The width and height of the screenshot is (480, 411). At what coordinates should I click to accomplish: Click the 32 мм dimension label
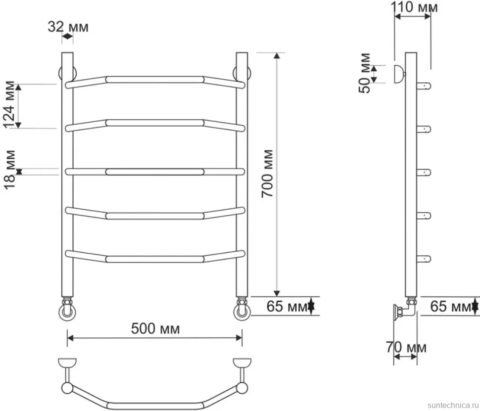(x=68, y=27)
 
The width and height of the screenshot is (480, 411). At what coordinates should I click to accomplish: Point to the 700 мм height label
(x=267, y=174)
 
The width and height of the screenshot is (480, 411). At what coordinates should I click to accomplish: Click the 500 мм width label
(x=155, y=329)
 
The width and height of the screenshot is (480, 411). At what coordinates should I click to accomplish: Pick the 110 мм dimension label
(x=414, y=7)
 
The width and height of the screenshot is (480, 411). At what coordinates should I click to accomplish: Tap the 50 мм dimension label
(x=365, y=73)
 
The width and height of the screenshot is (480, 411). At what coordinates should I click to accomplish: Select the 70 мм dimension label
(x=406, y=347)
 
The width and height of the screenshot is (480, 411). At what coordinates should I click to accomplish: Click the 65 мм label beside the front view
(x=287, y=306)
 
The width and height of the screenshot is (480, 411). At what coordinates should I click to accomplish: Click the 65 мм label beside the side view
(x=451, y=306)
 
